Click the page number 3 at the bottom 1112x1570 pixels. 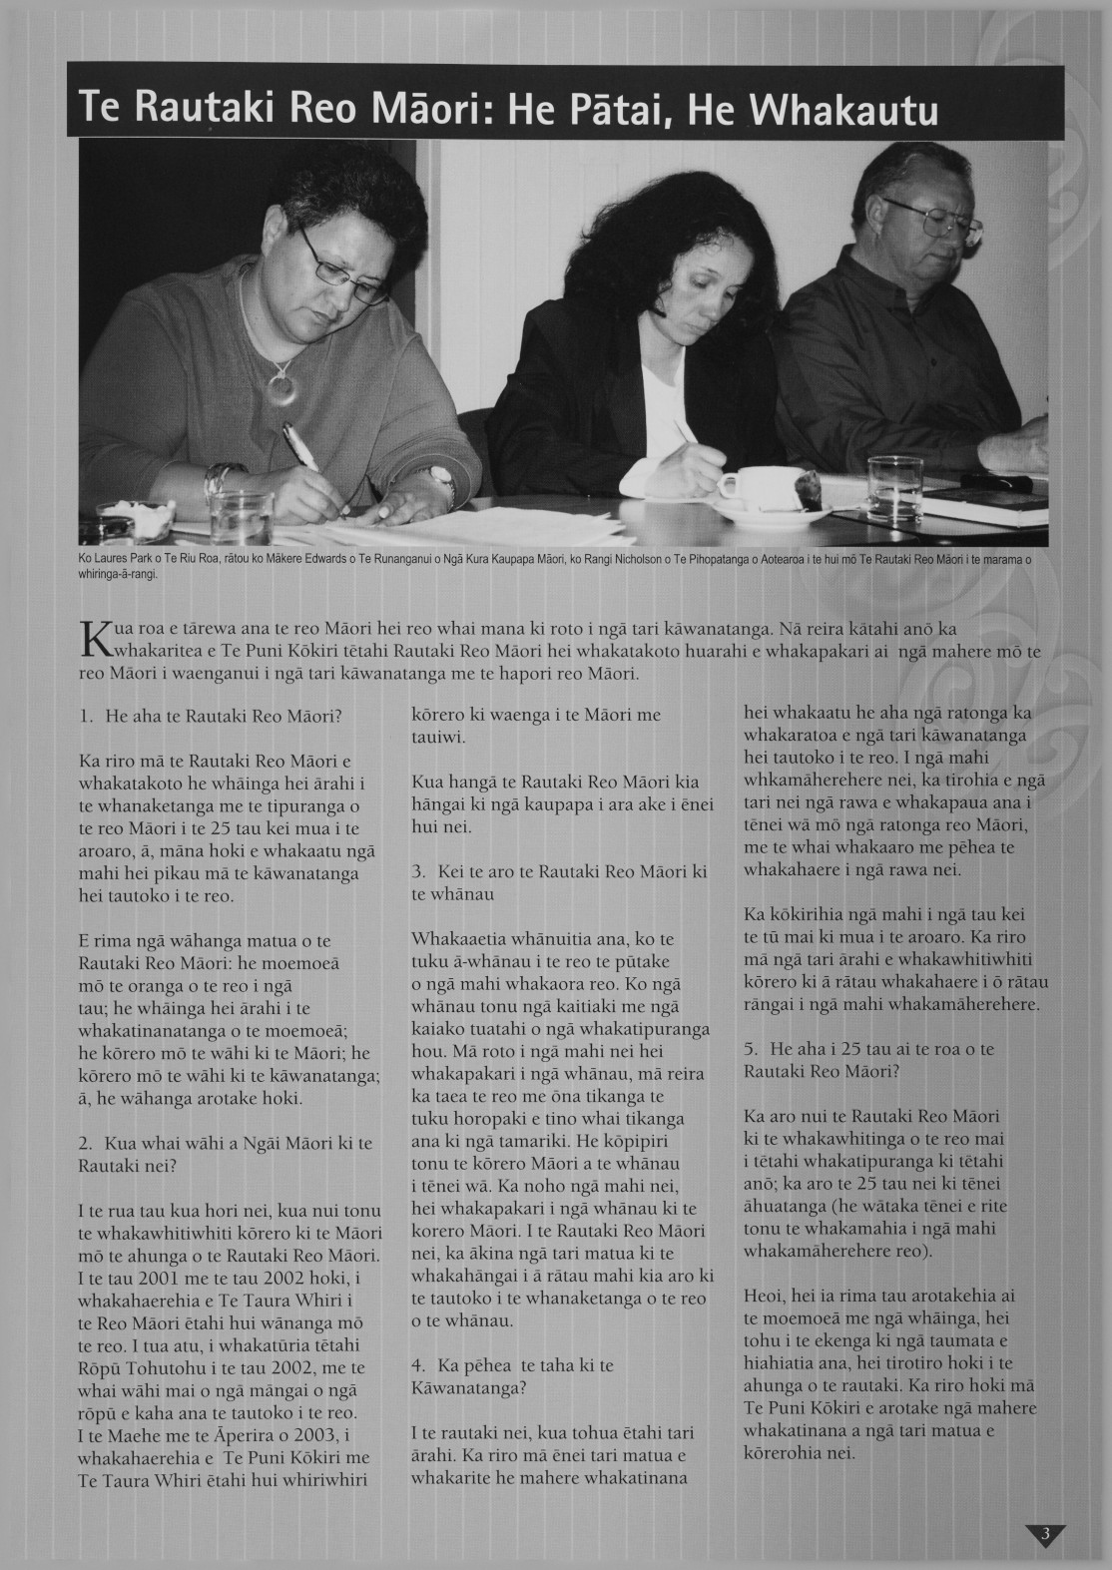coord(1044,1534)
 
